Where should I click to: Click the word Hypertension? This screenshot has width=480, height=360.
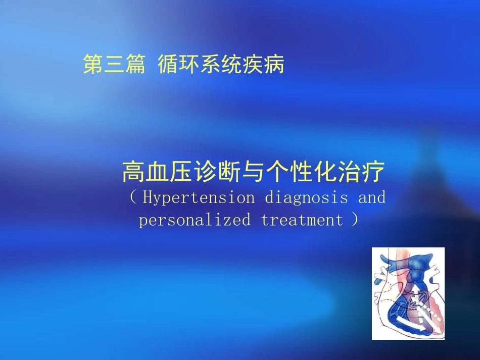[x=199, y=197]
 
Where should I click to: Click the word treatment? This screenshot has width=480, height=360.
[x=302, y=220]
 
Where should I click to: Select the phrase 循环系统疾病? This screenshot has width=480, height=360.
[x=221, y=65]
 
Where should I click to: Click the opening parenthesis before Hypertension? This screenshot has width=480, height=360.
[x=133, y=197]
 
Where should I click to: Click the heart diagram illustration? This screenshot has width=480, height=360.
[x=408, y=293]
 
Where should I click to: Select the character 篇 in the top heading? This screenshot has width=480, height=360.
[x=135, y=65]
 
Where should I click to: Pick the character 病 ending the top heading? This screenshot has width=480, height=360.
[x=274, y=65]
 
